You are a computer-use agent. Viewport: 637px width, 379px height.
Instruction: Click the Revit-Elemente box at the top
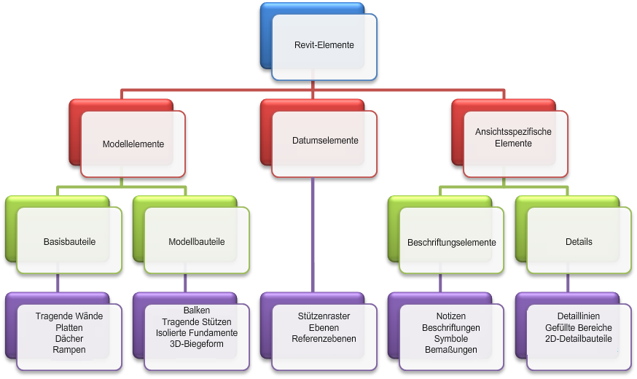324,45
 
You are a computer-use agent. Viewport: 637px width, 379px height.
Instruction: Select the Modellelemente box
133,144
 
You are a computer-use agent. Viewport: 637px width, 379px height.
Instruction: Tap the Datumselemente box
325,141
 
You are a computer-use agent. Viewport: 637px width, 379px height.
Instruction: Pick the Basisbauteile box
70,241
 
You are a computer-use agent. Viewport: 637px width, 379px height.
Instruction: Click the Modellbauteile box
197,241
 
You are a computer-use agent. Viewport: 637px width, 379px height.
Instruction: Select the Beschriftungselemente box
452,242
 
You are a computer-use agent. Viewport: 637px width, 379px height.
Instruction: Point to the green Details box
579,241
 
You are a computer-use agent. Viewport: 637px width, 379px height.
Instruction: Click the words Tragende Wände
69,316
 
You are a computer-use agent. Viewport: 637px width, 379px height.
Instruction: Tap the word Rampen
69,350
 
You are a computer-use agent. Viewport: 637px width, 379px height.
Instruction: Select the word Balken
197,310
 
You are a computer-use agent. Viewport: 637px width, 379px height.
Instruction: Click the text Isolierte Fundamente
197,332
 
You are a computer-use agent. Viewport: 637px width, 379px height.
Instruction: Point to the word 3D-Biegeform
197,343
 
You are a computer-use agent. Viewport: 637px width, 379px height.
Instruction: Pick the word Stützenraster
324,316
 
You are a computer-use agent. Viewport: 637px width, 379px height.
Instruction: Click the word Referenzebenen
324,339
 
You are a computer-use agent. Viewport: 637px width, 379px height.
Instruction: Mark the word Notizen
451,316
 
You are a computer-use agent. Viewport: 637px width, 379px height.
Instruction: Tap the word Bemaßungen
451,350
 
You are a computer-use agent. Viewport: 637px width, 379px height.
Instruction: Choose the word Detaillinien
579,316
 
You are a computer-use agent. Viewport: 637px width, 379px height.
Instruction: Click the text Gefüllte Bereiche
579,327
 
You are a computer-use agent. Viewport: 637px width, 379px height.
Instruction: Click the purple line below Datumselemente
313,233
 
